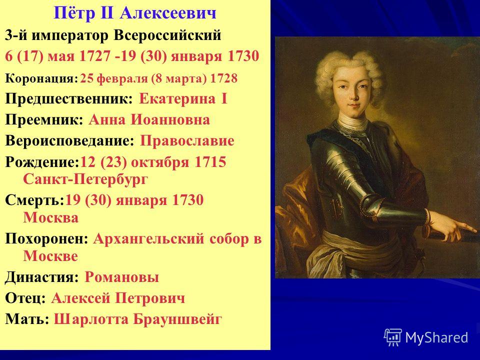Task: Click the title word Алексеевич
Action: (168, 13)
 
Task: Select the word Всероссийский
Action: (167, 35)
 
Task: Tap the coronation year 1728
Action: (224, 78)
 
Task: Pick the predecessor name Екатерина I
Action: (183, 99)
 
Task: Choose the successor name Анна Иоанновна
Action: (149, 119)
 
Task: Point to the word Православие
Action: (187, 141)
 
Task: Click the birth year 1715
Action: (210, 162)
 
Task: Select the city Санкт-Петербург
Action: (85, 179)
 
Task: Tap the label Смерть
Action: (34, 200)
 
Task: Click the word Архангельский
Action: (148, 239)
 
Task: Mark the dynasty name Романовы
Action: (122, 277)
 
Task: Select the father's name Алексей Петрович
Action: (118, 298)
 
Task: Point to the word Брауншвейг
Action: (177, 319)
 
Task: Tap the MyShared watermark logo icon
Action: (393, 337)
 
